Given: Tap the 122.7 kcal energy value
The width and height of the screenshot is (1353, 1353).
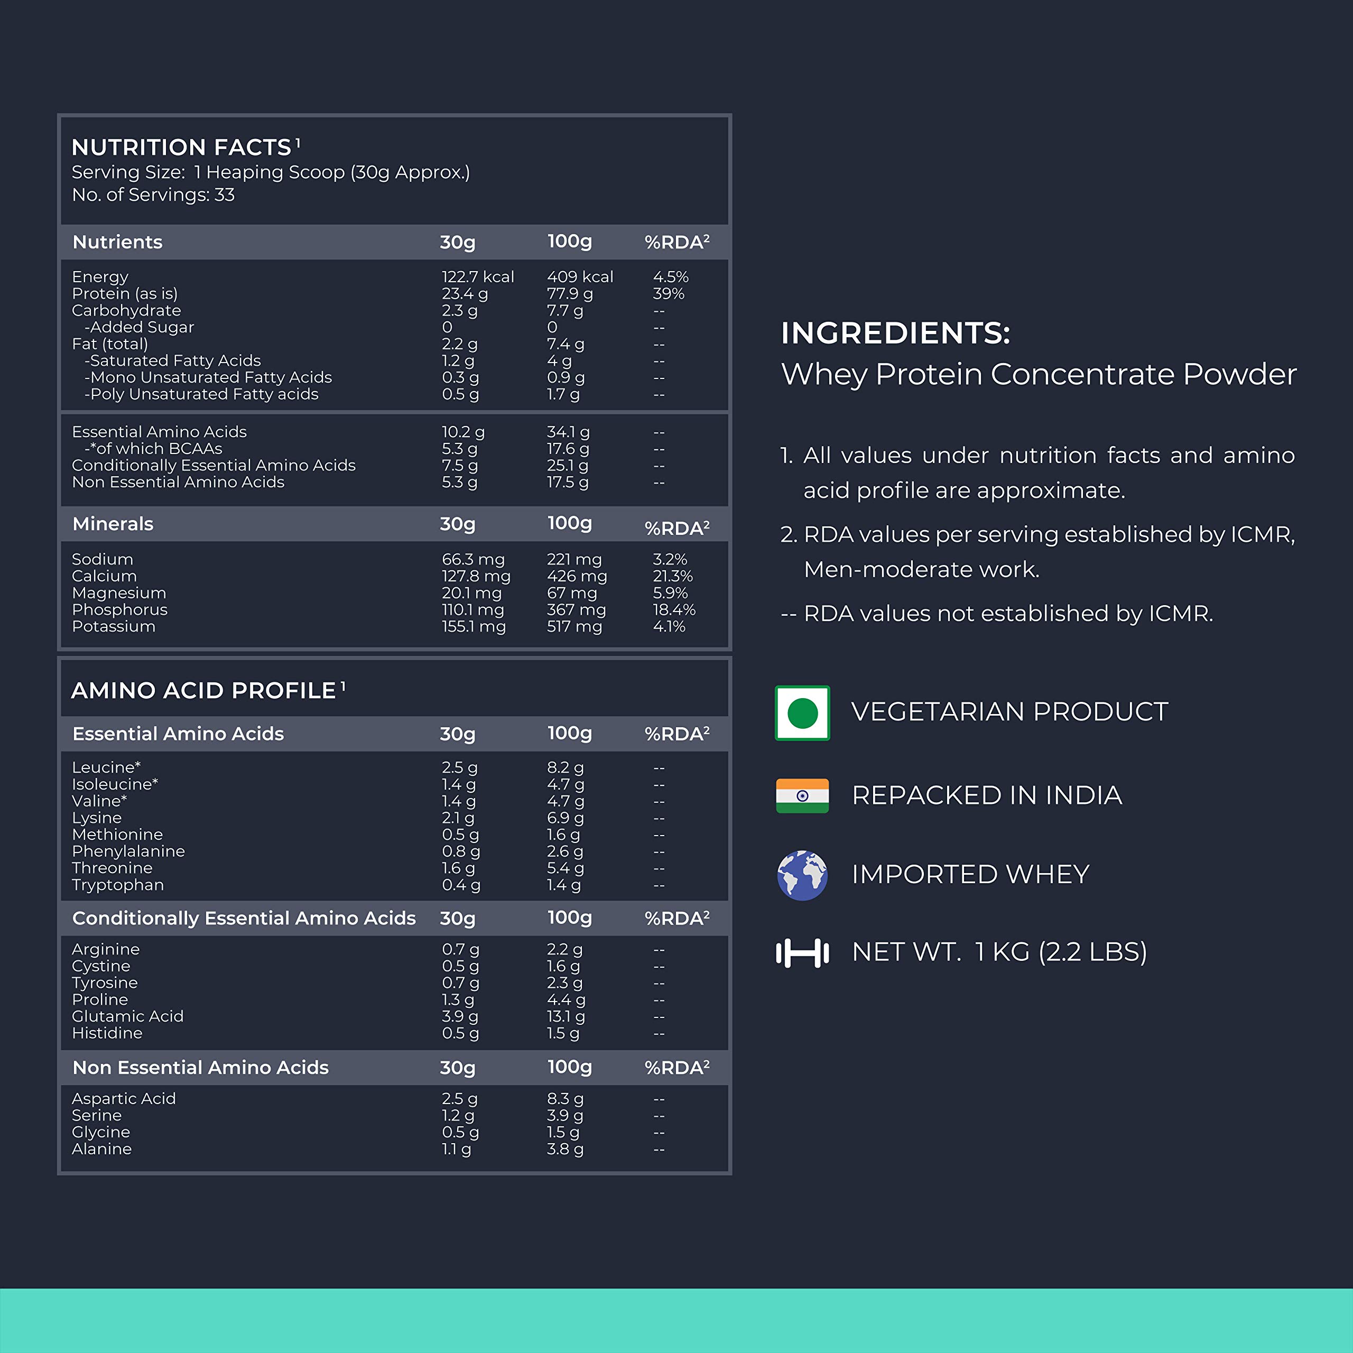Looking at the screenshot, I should pyautogui.click(x=478, y=276).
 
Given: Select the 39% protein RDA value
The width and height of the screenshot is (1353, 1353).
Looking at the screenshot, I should pyautogui.click(x=668, y=293).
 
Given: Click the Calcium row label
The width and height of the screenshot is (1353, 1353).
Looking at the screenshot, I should pyautogui.click(x=104, y=576).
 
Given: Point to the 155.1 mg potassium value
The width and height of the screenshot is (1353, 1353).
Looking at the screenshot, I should pyautogui.click(x=474, y=626).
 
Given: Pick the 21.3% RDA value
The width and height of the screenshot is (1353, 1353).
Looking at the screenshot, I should pyautogui.click(x=672, y=576).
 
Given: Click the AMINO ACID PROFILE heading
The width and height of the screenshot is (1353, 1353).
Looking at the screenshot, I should pyautogui.click(x=204, y=691).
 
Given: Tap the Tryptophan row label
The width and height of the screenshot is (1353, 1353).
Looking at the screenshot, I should pyautogui.click(x=118, y=885).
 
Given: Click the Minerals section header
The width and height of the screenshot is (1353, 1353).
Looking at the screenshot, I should pyautogui.click(x=113, y=524).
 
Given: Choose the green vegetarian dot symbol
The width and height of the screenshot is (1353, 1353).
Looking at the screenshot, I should pyautogui.click(x=803, y=713).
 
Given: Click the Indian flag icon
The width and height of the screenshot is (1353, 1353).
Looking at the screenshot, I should pyautogui.click(x=803, y=795).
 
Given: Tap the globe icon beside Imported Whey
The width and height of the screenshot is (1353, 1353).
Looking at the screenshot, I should pyautogui.click(x=803, y=875).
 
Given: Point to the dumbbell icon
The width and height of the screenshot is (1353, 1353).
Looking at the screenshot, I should pyautogui.click(x=803, y=952).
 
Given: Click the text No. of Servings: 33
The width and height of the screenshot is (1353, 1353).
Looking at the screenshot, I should pyautogui.click(x=153, y=194).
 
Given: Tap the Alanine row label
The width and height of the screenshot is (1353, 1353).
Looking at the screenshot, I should pyautogui.click(x=101, y=1148).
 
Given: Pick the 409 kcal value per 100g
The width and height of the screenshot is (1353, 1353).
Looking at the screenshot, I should pyautogui.click(x=580, y=276).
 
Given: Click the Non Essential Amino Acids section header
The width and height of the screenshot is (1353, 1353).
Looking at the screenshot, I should pyautogui.click(x=200, y=1067).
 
